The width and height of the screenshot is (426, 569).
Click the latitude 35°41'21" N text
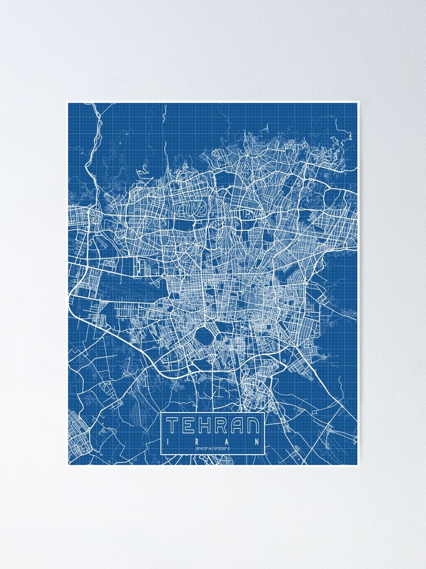pos(203,450)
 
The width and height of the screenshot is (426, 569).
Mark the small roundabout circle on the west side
pos(164,275)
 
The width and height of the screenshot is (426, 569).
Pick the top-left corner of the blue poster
pos(68,103)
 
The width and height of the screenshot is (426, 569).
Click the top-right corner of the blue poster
pos(358,103)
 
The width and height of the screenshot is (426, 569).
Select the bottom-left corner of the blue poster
pos(68,465)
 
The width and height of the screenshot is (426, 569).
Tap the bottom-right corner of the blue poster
pos(358,465)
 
